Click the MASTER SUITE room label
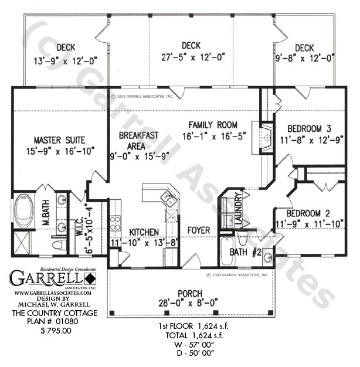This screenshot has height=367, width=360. (x=59, y=140)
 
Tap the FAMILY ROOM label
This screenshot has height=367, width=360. (x=212, y=124)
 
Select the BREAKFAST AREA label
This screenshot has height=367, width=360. (x=138, y=135)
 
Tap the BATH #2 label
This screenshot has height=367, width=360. (x=246, y=252)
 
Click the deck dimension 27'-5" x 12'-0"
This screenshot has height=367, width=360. (x=191, y=57)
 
